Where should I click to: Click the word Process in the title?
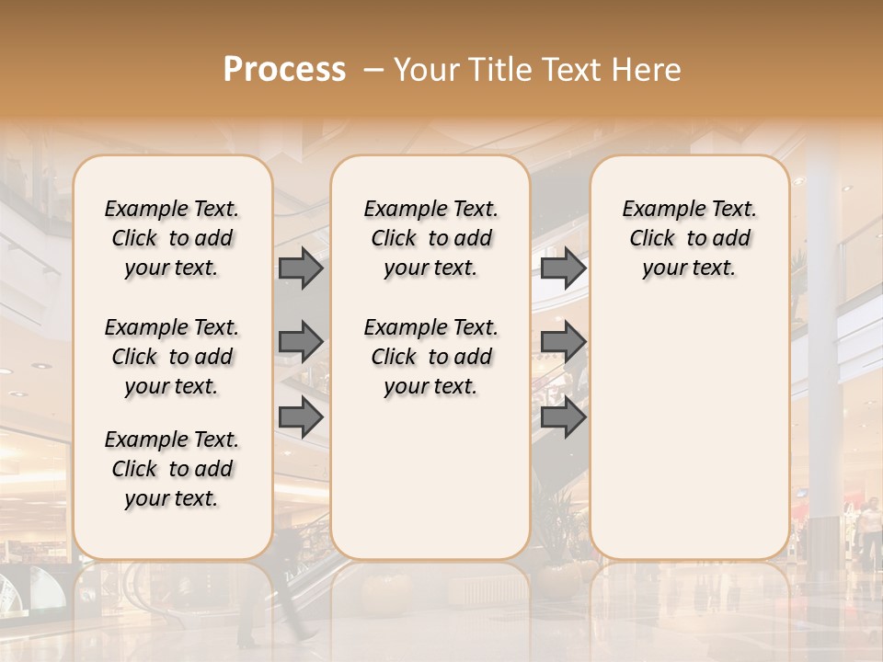284,70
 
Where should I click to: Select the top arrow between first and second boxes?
301,268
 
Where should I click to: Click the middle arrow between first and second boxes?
301,342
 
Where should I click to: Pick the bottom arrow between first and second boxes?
301,417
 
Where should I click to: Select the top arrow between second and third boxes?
563,268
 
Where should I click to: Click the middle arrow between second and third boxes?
563,342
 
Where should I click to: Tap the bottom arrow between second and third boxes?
563,417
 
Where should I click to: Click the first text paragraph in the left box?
172,238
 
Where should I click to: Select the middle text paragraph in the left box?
172,357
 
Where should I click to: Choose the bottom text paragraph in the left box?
172,469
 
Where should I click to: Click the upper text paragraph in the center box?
430,238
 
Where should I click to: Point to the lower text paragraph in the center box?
430,357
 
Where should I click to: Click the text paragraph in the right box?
689,238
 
